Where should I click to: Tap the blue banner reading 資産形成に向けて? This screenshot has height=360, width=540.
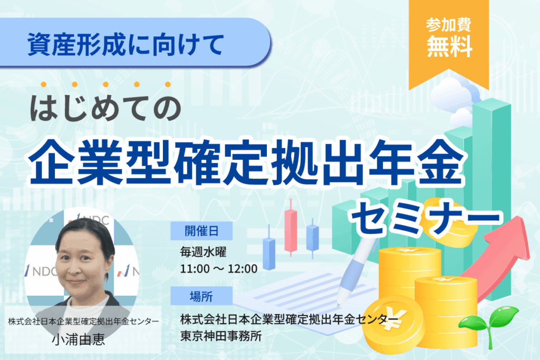(x=134, y=42)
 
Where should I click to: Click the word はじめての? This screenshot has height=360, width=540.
(x=105, y=108)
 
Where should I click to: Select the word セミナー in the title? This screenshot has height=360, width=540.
(x=426, y=218)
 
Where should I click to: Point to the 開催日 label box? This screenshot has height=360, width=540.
(x=201, y=231)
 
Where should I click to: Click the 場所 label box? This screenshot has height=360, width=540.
(x=201, y=296)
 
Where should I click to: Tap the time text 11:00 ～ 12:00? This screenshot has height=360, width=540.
(x=219, y=269)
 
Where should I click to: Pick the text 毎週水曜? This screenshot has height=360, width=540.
(x=203, y=252)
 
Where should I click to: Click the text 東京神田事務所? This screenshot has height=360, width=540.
(x=221, y=336)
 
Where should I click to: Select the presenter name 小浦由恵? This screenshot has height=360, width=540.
(x=79, y=340)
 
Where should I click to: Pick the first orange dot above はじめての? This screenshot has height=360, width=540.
(x=44, y=84)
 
